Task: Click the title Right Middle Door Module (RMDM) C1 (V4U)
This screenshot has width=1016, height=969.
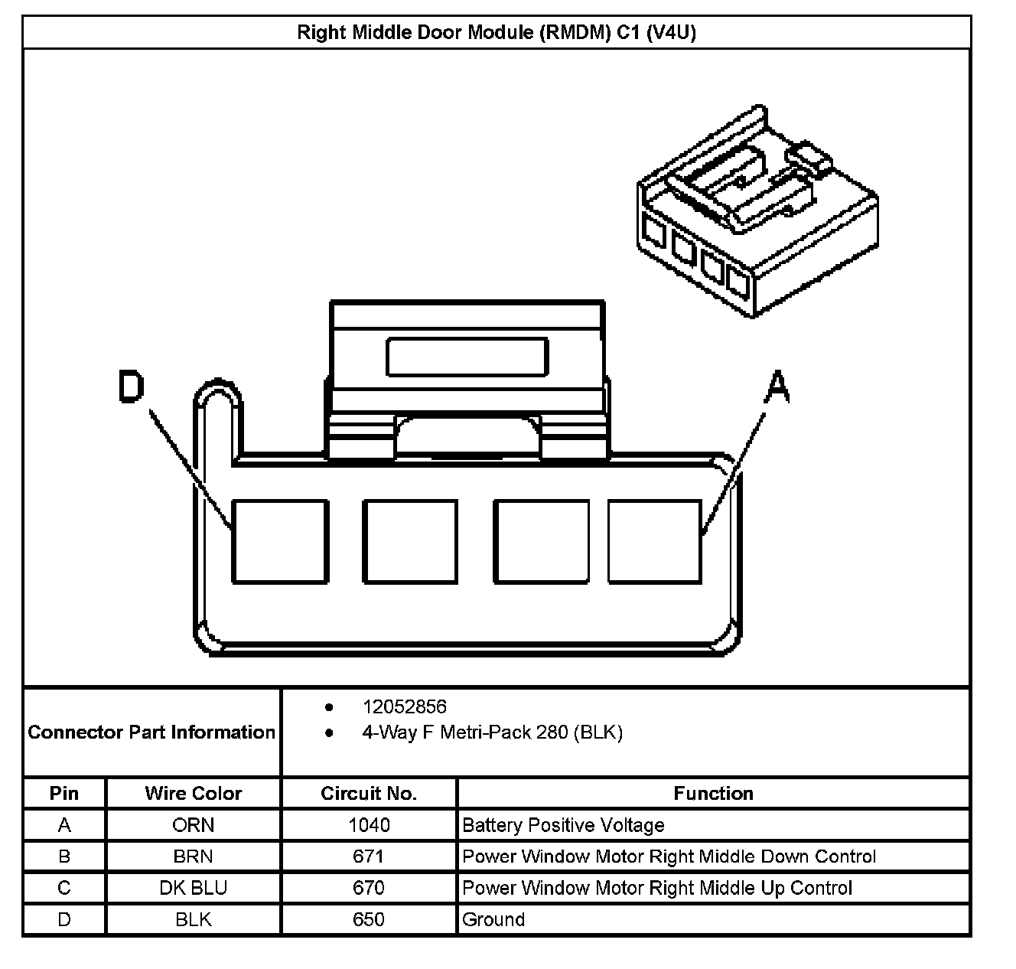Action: [x=496, y=33]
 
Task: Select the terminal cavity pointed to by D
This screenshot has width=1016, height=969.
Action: [x=279, y=541]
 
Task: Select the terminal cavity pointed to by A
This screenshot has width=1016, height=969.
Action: [x=654, y=541]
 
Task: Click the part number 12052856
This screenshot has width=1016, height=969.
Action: [x=404, y=706]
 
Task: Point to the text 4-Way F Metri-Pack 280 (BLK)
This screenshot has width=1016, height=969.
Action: [x=492, y=732]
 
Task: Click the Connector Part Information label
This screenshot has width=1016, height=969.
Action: [x=151, y=732]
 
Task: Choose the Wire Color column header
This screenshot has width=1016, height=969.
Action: [x=193, y=794]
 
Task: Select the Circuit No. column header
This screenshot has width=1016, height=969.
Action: [x=369, y=794]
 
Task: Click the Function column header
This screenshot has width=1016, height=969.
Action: [x=713, y=794]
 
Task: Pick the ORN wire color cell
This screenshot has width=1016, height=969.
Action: [x=193, y=825]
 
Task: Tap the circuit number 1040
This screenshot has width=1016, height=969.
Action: [x=369, y=825]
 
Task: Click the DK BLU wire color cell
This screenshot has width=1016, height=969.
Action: [x=193, y=888]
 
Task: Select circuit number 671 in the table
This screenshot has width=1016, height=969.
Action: [x=369, y=856]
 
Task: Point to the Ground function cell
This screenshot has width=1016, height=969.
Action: [x=493, y=919]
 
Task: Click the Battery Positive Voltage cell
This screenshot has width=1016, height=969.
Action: [x=563, y=825]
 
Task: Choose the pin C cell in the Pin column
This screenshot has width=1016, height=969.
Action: [x=64, y=888]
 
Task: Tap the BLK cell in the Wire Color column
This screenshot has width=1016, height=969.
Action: [x=193, y=919]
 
